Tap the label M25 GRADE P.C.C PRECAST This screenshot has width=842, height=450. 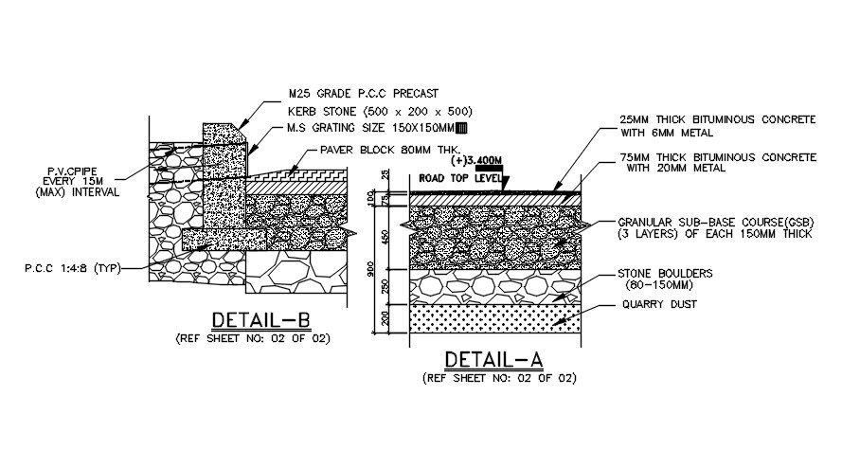click(364, 94)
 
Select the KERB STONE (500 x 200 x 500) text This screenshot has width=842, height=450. click(380, 111)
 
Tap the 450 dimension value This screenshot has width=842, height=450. click(385, 235)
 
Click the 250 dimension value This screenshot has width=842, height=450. click(385, 286)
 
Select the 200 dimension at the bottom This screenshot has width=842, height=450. click(385, 318)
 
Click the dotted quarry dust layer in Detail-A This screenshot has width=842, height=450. click(493, 316)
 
